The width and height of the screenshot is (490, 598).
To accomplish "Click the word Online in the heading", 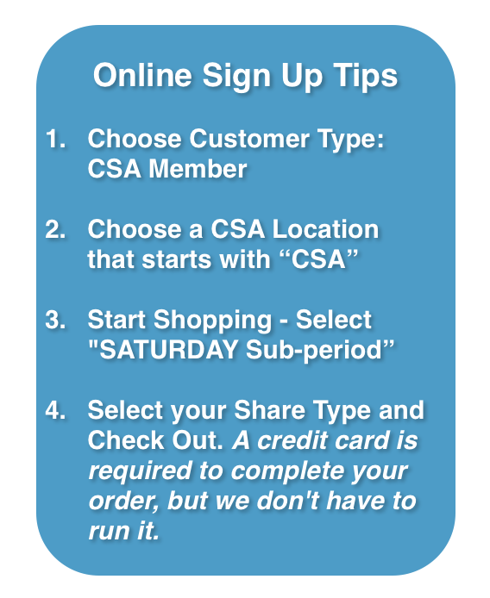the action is [142, 75].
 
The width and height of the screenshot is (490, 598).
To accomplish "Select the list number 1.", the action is [55, 138].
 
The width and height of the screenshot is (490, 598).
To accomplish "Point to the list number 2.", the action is [55, 229].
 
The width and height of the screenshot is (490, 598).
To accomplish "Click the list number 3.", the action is [55, 320].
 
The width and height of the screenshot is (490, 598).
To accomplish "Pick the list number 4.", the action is [55, 410].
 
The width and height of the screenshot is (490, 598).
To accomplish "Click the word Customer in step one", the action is [249, 138].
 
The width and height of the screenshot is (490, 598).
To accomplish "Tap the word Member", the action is [198, 169].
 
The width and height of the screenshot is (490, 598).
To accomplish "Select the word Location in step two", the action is [325, 229].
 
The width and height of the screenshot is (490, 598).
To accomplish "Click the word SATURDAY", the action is [163, 350].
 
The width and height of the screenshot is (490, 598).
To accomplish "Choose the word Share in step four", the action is [270, 410].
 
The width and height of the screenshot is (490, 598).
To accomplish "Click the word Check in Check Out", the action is [127, 440].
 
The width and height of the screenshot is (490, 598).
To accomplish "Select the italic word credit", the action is [292, 440].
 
